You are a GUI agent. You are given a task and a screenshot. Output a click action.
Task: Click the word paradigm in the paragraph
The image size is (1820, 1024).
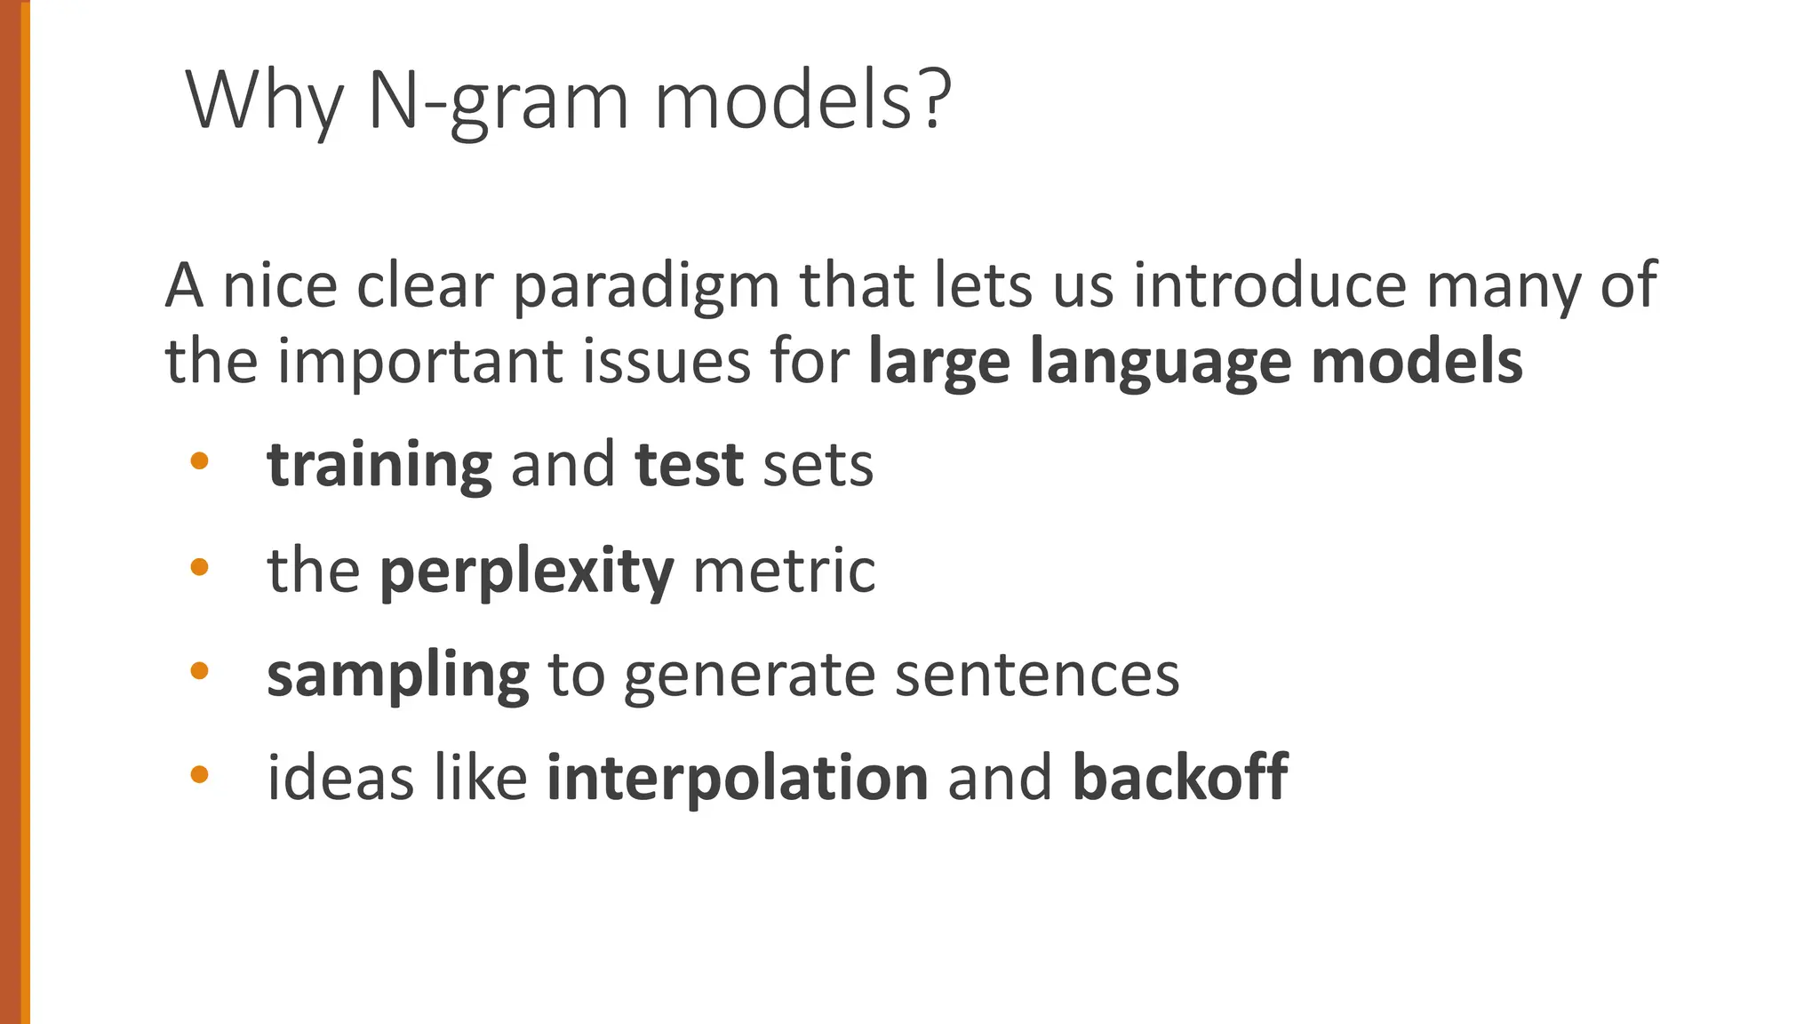click(x=647, y=286)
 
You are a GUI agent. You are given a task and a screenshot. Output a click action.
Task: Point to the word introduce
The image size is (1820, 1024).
click(x=1270, y=286)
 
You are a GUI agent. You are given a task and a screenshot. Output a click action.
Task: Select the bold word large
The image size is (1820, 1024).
click(x=939, y=364)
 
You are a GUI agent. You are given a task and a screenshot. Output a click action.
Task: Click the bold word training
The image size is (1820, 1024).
click(x=379, y=466)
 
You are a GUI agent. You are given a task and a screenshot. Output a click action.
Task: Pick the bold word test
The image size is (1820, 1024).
click(x=689, y=464)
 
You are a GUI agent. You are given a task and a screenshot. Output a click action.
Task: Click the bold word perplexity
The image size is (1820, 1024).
click(x=526, y=572)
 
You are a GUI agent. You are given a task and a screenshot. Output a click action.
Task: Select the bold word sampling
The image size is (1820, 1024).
click(x=398, y=676)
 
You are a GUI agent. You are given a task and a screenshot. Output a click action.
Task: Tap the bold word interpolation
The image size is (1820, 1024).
click(x=738, y=778)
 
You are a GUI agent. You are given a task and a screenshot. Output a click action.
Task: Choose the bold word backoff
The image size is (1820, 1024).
click(x=1180, y=778)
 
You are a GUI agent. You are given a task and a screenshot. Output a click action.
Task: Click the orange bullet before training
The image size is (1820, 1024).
click(x=199, y=460)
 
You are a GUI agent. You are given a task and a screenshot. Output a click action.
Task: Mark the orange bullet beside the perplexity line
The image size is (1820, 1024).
click(x=199, y=566)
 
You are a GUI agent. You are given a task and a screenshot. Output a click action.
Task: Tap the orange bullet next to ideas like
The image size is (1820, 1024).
click(x=199, y=775)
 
